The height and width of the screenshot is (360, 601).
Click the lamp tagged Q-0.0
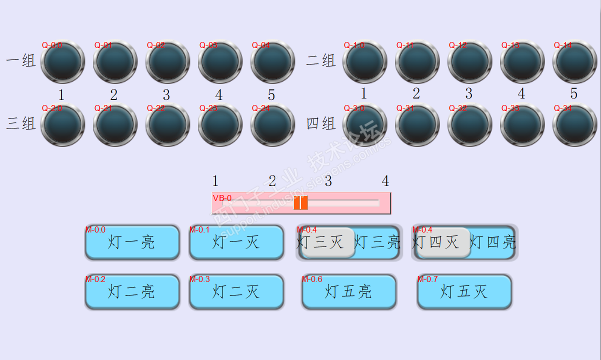pyautogui.click(x=62, y=62)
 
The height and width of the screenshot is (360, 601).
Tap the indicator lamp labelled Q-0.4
pyautogui.click(x=272, y=62)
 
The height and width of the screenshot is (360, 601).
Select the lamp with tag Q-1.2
pyautogui.click(x=469, y=62)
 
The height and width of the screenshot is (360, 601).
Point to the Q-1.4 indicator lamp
pyautogui.click(x=574, y=62)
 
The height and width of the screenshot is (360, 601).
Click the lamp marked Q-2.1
pyautogui.click(x=115, y=125)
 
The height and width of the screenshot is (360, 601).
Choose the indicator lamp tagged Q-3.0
pyautogui.click(x=364, y=125)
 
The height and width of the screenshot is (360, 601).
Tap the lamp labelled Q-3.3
pyautogui.click(x=522, y=125)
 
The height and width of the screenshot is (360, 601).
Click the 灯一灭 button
pyautogui.click(x=236, y=242)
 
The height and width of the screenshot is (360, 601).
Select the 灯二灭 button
pyautogui.click(x=236, y=291)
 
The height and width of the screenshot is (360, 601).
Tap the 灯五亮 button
pyautogui.click(x=348, y=291)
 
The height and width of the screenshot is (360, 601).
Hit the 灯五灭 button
pyautogui.click(x=464, y=291)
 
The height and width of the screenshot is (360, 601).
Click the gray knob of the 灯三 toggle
pyautogui.click(x=327, y=242)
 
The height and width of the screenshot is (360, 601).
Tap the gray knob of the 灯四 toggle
pyautogui.click(x=443, y=242)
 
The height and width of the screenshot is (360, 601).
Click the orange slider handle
pyautogui.click(x=300, y=203)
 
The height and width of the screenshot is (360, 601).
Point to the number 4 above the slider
pyautogui.click(x=385, y=181)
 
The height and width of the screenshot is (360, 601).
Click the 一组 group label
pyautogui.click(x=21, y=61)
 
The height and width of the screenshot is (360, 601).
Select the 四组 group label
pyautogui.click(x=320, y=123)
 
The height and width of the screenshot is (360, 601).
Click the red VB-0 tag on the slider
pyautogui.click(x=222, y=198)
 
